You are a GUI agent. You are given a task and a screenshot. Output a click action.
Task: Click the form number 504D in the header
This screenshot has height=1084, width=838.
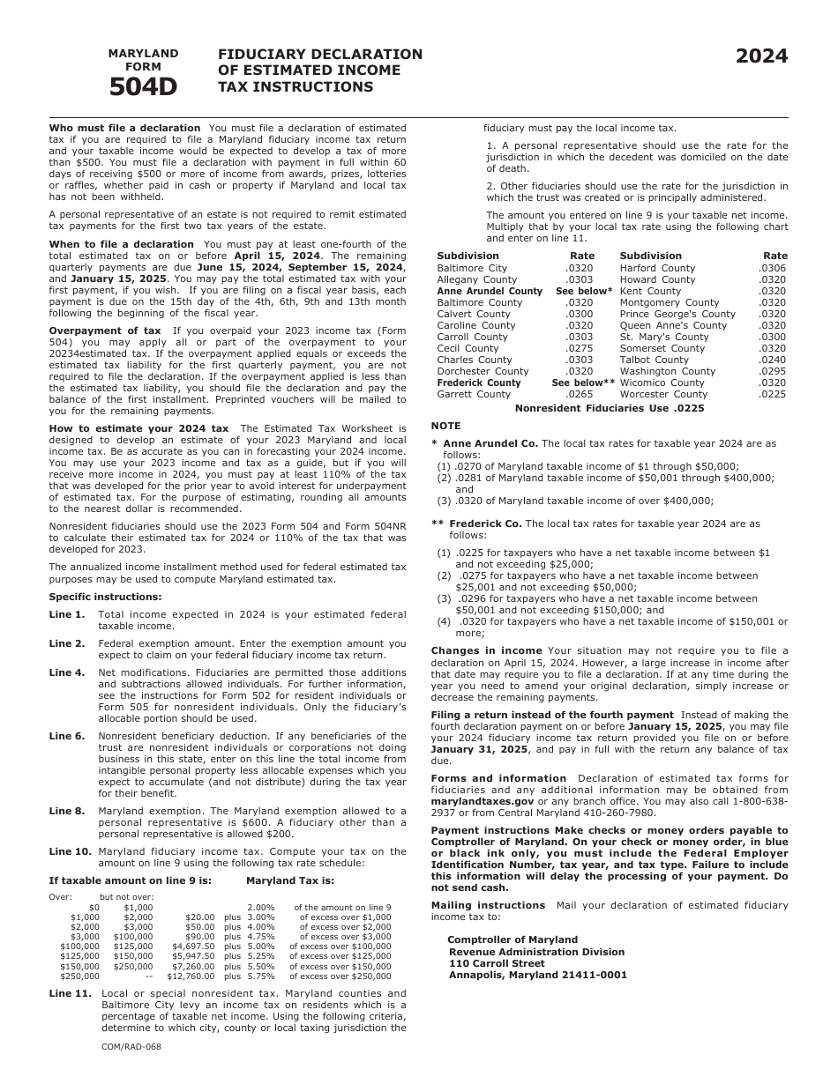tap(143, 86)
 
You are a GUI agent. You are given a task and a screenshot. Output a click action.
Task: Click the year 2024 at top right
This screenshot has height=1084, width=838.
tap(762, 56)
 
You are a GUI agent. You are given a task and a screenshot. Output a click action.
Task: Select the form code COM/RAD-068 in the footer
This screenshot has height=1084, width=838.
tap(131, 1046)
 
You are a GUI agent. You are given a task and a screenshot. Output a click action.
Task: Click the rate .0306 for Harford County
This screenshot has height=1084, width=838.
tap(772, 268)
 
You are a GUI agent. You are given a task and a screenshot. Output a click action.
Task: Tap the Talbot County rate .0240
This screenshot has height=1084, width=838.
tap(772, 360)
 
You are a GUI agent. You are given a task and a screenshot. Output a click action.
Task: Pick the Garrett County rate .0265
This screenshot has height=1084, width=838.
tap(580, 394)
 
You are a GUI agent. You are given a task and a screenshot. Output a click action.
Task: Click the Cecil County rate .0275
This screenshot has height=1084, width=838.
tap(580, 348)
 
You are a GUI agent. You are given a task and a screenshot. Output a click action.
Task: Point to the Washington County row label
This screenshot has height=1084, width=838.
tap(668, 371)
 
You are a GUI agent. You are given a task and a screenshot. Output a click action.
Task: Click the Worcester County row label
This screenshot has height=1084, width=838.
tap(663, 394)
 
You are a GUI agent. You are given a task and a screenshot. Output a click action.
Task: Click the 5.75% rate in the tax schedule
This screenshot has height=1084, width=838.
tap(260, 976)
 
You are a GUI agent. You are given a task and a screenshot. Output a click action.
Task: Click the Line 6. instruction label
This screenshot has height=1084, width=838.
tap(67, 736)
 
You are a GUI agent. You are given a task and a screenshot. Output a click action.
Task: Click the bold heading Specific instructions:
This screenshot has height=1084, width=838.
tap(93, 597)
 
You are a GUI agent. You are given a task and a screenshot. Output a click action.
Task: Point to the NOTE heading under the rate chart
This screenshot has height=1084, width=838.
tap(445, 426)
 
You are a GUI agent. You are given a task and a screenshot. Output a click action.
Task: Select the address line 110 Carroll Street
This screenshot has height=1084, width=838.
tap(498, 963)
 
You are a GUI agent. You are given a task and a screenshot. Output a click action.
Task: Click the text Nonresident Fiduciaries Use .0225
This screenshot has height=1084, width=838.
tap(610, 408)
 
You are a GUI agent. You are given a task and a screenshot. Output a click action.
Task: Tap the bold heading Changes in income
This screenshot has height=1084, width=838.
tap(487, 650)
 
